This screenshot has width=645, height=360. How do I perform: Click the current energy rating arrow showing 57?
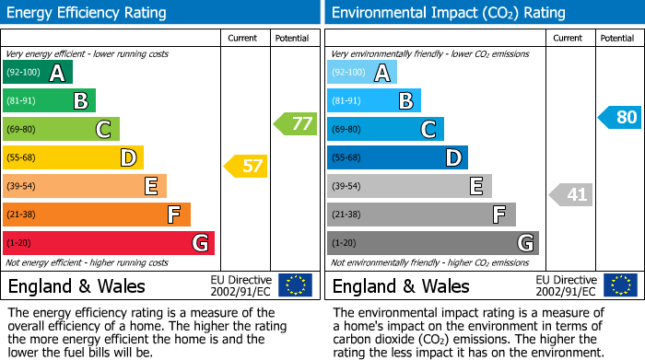[x=245, y=167]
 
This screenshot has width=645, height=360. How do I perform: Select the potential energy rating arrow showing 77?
[x=295, y=123]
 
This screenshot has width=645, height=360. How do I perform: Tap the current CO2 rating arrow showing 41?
[x=571, y=194]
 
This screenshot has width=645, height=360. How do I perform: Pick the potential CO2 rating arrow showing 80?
[x=619, y=117]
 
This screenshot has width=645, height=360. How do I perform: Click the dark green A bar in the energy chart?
[x=38, y=73]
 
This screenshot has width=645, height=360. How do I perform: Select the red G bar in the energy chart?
[x=109, y=243]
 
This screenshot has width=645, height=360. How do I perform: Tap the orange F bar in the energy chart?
[x=97, y=215]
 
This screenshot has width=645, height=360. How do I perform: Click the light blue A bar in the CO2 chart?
[x=362, y=73]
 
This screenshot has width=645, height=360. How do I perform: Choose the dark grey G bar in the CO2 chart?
[x=433, y=243]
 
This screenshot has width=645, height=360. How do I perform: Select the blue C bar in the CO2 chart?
[x=385, y=129]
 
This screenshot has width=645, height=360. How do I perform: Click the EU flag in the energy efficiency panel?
[x=295, y=285]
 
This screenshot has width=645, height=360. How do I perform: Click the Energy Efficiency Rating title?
[x=88, y=13]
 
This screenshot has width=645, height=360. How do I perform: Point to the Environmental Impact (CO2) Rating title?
[x=448, y=13]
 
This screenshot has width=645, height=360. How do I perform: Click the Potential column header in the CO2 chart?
[x=617, y=38]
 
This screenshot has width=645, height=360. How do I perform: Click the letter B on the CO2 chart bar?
[x=405, y=101]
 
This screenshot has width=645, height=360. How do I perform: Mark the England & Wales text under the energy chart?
[x=74, y=285]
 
